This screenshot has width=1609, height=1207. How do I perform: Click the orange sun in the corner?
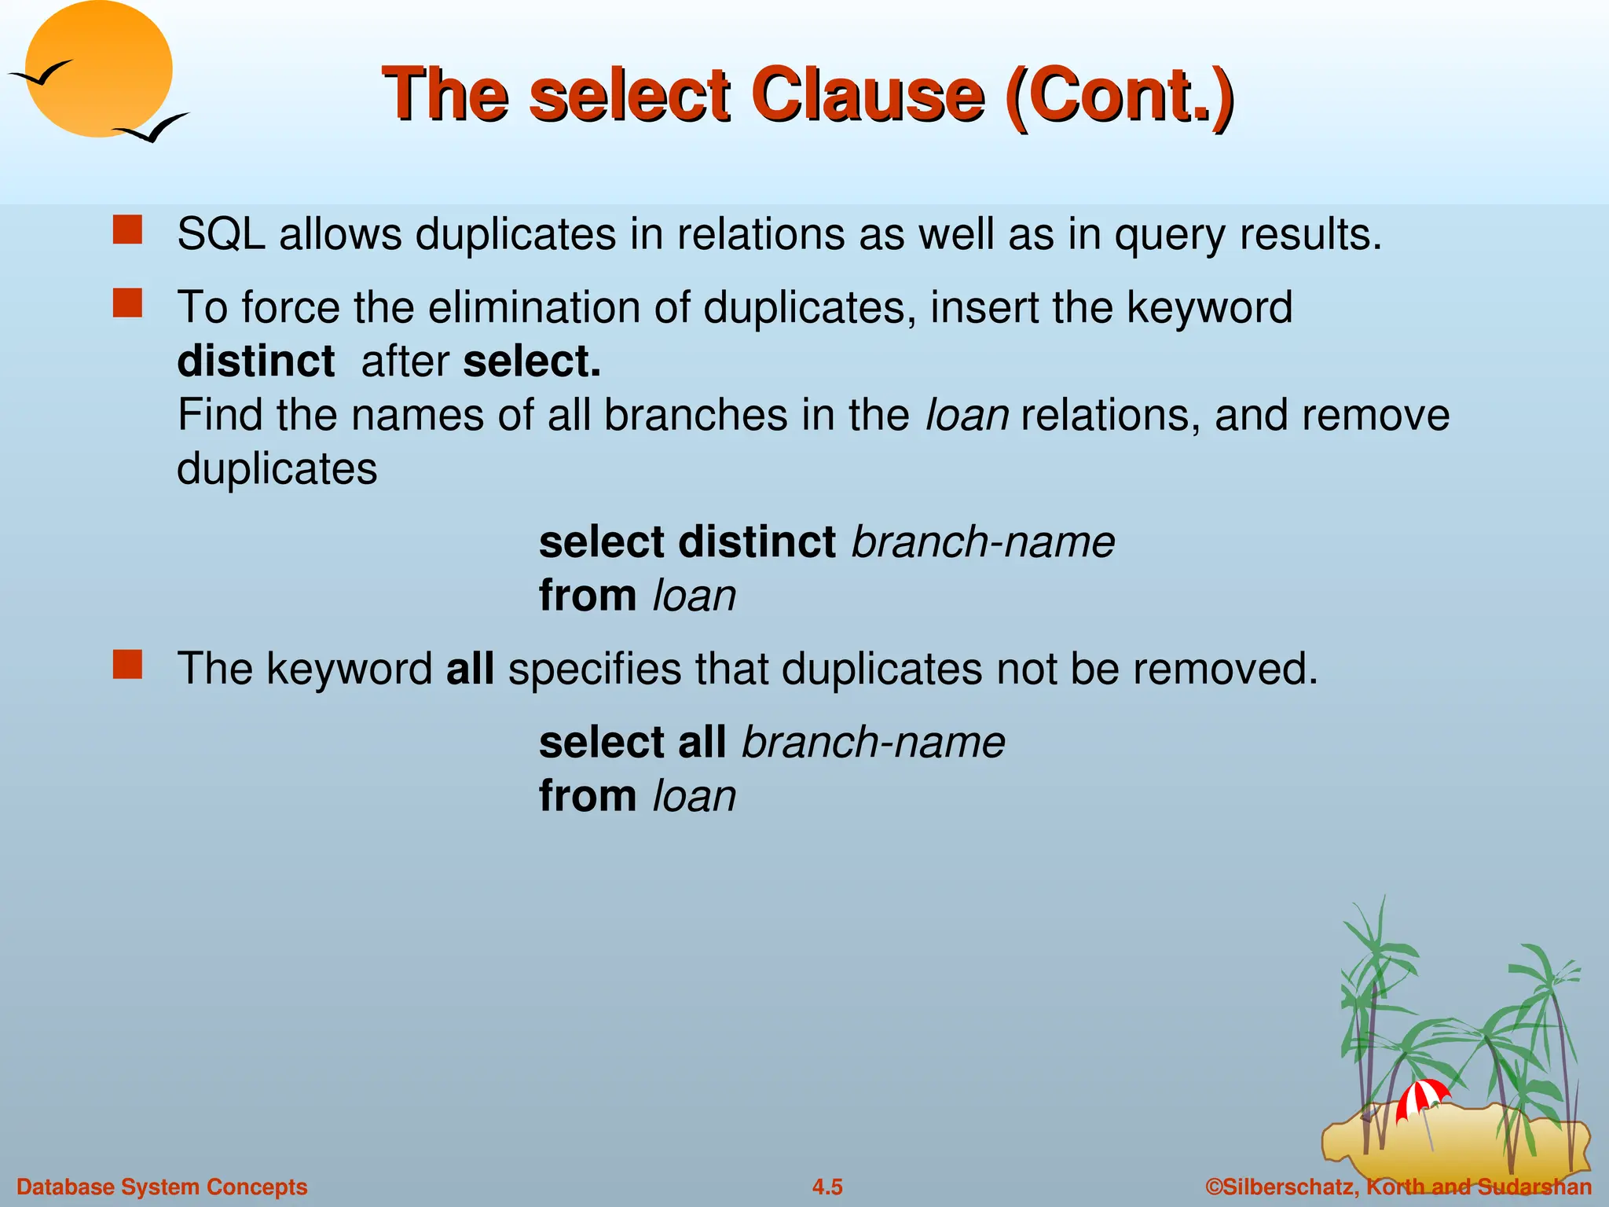[x=98, y=69]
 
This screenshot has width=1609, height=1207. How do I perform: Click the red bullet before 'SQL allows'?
[x=127, y=231]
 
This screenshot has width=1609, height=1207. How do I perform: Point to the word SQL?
[x=222, y=234]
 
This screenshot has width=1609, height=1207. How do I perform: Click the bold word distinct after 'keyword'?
[x=256, y=361]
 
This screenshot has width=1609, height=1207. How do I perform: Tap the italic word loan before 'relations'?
[x=967, y=415]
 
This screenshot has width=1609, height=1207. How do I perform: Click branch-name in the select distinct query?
[x=983, y=542]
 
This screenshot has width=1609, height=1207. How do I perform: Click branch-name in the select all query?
[x=873, y=742]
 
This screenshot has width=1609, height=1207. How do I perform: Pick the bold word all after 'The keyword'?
[x=470, y=669]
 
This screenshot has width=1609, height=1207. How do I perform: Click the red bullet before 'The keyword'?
[x=127, y=665]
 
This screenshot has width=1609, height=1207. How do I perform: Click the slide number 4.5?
[x=827, y=1187]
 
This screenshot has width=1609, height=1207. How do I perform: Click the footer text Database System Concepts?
[x=162, y=1187]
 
